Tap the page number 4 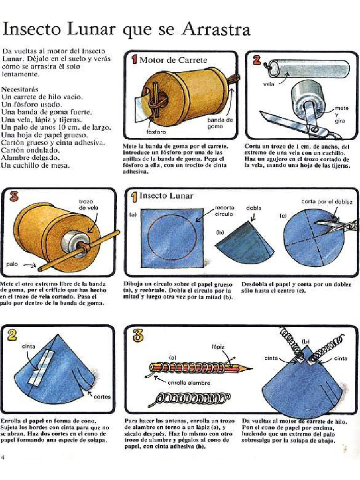(4, 457)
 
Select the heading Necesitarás (20, 89)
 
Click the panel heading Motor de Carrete (173, 60)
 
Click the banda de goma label (220, 123)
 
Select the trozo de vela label (89, 204)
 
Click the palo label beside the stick (12, 264)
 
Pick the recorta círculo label (225, 210)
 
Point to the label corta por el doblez (327, 202)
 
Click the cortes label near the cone (102, 397)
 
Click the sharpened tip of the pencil (249, 368)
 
